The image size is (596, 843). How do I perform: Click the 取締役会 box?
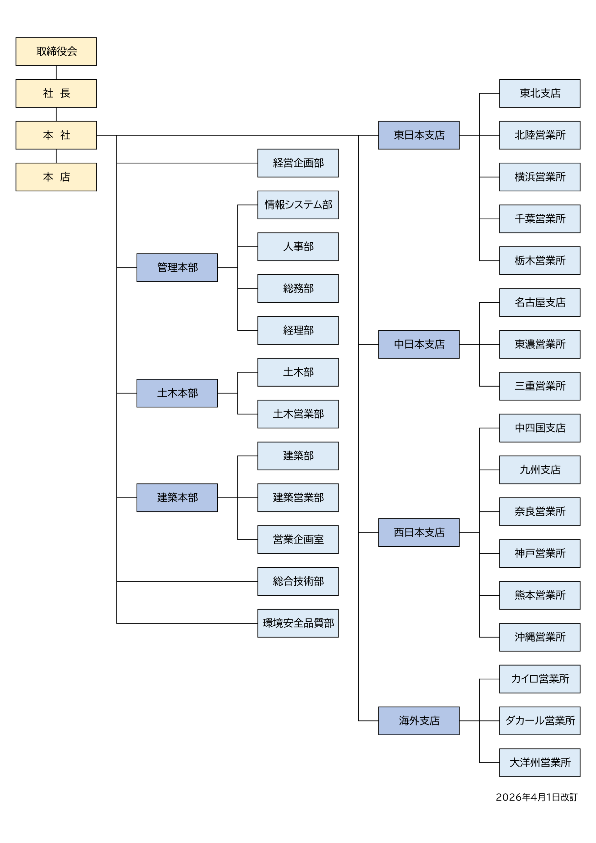coord(56,51)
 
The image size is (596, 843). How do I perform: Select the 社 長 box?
coord(56,93)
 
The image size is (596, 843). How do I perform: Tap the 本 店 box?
coord(56,177)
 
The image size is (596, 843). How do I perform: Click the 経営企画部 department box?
coord(298,163)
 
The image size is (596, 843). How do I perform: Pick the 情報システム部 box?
coord(298,205)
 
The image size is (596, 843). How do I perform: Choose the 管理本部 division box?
coord(177,268)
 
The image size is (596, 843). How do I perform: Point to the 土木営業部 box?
coord(298,414)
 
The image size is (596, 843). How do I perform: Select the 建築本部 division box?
coord(177,498)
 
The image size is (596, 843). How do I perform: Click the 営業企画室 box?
coord(298,539)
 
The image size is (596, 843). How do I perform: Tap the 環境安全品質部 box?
coord(298,623)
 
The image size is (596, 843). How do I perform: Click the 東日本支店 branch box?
coord(419,135)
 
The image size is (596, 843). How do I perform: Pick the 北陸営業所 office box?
coord(539,135)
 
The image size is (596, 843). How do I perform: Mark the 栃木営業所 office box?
coord(539,261)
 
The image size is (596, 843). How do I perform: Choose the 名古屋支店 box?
coord(539,303)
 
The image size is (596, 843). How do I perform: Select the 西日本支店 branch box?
coord(419,532)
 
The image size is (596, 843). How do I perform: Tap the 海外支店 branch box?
coord(419,721)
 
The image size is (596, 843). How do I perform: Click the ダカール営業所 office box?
coord(539,721)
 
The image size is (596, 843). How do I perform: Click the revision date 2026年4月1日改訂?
coord(536,797)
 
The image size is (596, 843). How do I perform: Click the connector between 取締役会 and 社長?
coord(56,73)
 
